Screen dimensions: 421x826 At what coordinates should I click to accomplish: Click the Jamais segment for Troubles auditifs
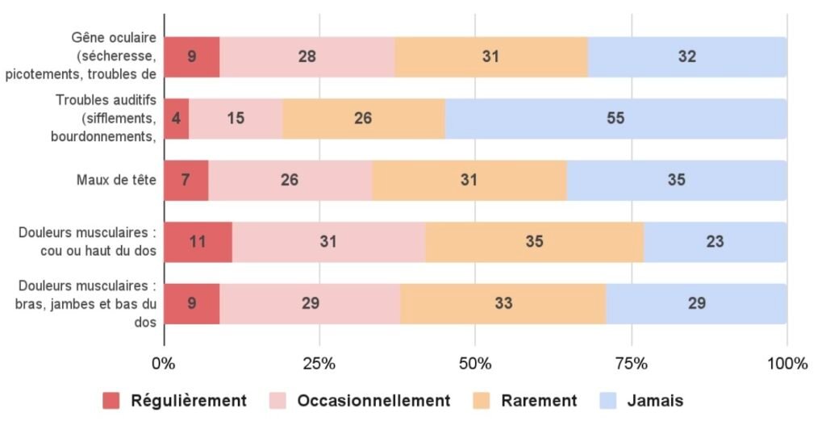(x=615, y=119)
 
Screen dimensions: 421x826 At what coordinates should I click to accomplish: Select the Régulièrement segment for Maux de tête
(x=186, y=180)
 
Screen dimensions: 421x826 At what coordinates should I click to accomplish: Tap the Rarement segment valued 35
(x=534, y=241)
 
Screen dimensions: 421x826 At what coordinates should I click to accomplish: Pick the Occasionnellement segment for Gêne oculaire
(x=307, y=56)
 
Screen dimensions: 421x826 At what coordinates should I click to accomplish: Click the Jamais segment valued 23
(x=715, y=241)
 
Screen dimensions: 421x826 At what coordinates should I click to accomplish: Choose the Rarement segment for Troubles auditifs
(x=363, y=119)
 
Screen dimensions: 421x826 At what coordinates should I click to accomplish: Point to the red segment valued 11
(x=198, y=241)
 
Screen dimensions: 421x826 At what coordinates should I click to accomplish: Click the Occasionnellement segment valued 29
(x=310, y=303)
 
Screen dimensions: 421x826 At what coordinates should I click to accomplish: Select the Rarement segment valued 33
(x=503, y=303)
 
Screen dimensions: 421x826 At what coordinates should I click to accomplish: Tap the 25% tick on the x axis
(x=319, y=363)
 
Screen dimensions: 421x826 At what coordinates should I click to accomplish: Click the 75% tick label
(x=631, y=363)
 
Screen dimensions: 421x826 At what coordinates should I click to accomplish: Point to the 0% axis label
(x=164, y=363)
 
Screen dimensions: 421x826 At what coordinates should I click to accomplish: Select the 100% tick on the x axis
(x=786, y=363)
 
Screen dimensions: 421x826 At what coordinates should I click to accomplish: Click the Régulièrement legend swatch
(x=111, y=401)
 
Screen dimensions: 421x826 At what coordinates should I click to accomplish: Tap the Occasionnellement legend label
(x=373, y=401)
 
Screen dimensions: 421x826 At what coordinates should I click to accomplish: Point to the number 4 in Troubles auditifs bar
(x=177, y=119)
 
